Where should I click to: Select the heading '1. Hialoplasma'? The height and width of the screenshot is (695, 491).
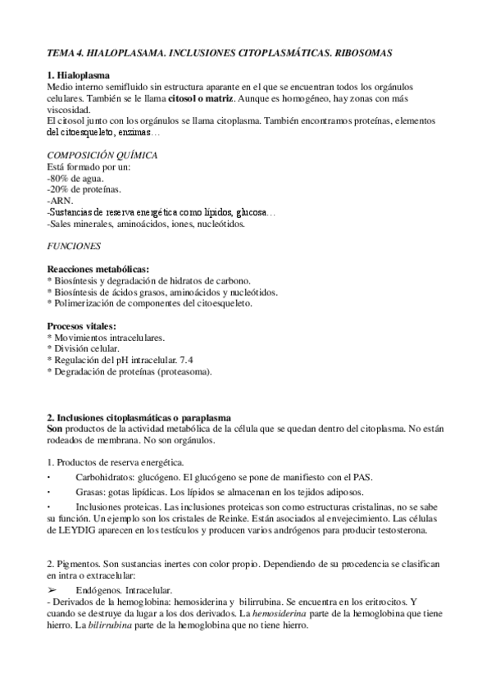point(82,75)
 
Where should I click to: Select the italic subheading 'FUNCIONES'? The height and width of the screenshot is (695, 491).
point(75,245)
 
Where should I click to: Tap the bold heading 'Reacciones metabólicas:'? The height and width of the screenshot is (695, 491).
point(98,270)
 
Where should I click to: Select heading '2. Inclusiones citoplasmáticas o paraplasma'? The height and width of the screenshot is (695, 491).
point(139,419)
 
